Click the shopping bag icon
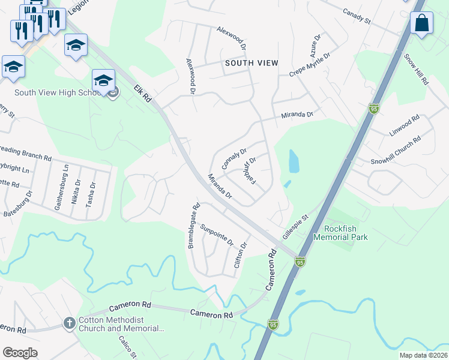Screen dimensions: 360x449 pyautogui.click(x=422, y=23)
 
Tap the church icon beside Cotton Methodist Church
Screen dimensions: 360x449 pyautogui.click(x=70, y=323)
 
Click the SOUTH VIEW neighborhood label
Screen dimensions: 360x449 pyautogui.click(x=252, y=62)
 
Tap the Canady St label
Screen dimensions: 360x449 pyautogui.click(x=357, y=16)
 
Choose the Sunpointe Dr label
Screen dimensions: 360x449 pyautogui.click(x=217, y=233)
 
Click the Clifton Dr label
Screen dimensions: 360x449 pyautogui.click(x=244, y=254)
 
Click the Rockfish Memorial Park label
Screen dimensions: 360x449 pyautogui.click(x=346, y=233)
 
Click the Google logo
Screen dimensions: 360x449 pyautogui.click(x=20, y=353)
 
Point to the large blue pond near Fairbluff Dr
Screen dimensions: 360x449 pyautogui.click(x=294, y=161)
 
